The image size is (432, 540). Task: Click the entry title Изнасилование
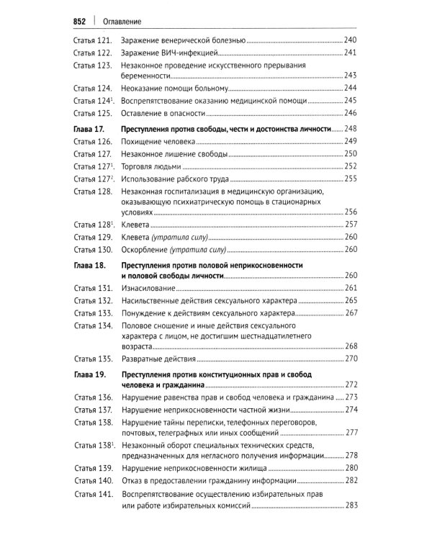click(x=153, y=288)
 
